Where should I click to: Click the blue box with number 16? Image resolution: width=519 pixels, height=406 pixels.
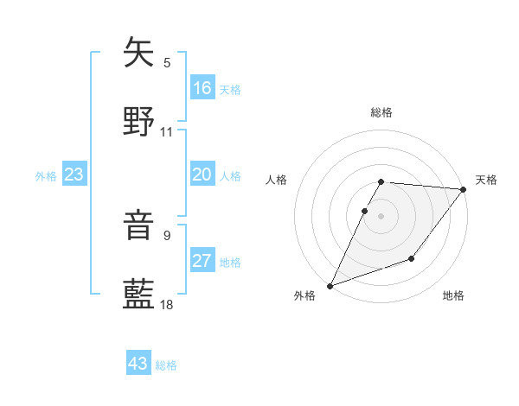click(x=202, y=88)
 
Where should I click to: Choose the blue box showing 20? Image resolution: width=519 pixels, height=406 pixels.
click(x=202, y=174)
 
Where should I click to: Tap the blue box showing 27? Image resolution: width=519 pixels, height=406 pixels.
click(x=202, y=261)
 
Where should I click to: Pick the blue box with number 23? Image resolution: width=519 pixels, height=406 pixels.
click(x=74, y=174)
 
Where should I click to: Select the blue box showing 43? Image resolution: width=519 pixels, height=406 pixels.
click(x=138, y=364)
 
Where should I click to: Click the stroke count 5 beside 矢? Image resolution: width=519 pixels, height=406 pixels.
click(x=167, y=62)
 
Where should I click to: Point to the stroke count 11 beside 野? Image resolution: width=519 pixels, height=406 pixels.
click(x=167, y=132)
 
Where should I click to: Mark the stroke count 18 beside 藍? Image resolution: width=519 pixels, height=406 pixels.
click(x=167, y=304)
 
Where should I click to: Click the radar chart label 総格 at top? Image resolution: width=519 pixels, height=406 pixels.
click(x=381, y=112)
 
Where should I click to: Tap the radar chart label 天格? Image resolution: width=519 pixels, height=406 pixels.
click(x=486, y=180)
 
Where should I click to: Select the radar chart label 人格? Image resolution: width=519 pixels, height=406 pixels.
click(x=277, y=180)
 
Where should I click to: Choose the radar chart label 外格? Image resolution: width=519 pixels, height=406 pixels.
click(x=304, y=295)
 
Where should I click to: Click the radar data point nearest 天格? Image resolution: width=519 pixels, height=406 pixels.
click(x=464, y=189)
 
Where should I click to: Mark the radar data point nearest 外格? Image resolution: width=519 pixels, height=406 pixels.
click(x=330, y=285)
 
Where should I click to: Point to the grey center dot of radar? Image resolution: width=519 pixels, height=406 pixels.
click(x=381, y=215)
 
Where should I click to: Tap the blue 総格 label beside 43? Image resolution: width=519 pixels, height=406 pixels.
click(x=166, y=365)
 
